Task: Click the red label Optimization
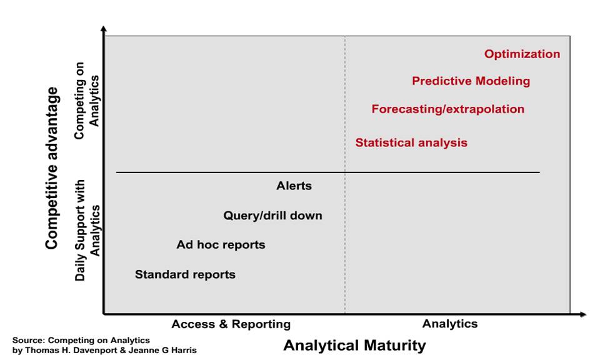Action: [x=522, y=54]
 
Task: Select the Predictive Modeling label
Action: [x=471, y=81]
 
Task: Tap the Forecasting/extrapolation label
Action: [x=447, y=109]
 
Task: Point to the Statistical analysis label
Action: [x=411, y=142]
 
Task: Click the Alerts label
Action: [x=294, y=186]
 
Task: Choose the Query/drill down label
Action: [x=272, y=216]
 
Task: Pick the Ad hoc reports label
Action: [x=221, y=245]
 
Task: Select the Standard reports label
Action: [x=185, y=274]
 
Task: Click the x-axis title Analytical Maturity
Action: [x=354, y=346]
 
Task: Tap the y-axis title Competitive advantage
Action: [x=52, y=168]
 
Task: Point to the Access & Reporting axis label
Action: [x=231, y=324]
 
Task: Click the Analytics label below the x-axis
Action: [x=450, y=324]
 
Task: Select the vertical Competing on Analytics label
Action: [x=87, y=101]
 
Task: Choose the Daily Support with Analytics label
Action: [x=87, y=230]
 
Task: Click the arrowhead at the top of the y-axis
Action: [x=103, y=29]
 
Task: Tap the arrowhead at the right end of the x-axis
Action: [x=582, y=314]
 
